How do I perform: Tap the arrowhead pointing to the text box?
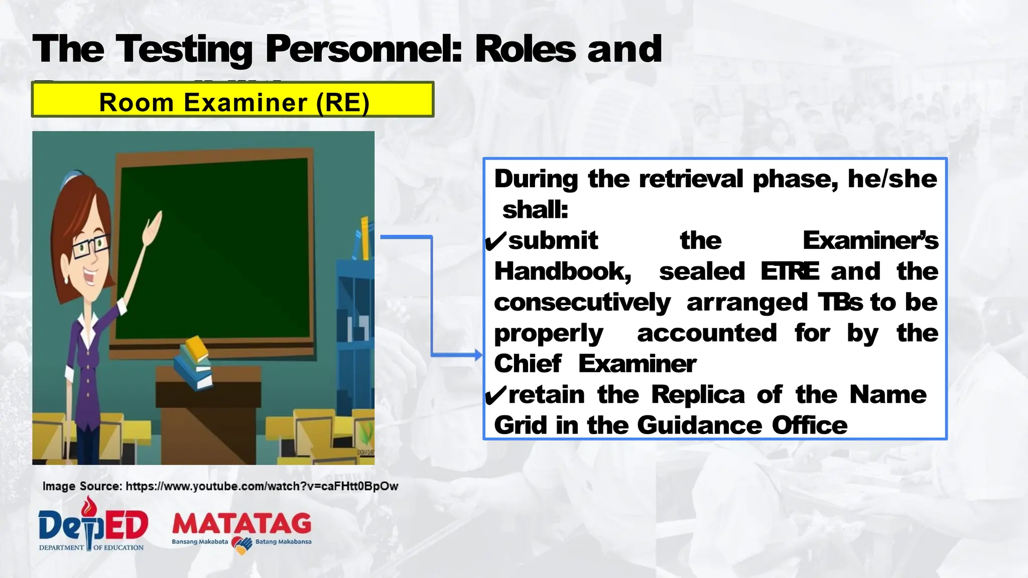coord(478,355)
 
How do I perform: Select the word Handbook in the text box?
coord(562,272)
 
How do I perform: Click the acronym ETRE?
coord(790,271)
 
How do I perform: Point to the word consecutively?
coord(582,303)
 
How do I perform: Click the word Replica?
coord(698,395)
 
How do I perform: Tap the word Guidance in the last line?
coord(700,425)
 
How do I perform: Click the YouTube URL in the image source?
coord(262,486)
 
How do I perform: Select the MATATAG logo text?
coord(241,524)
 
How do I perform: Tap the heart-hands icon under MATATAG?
coord(242,545)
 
